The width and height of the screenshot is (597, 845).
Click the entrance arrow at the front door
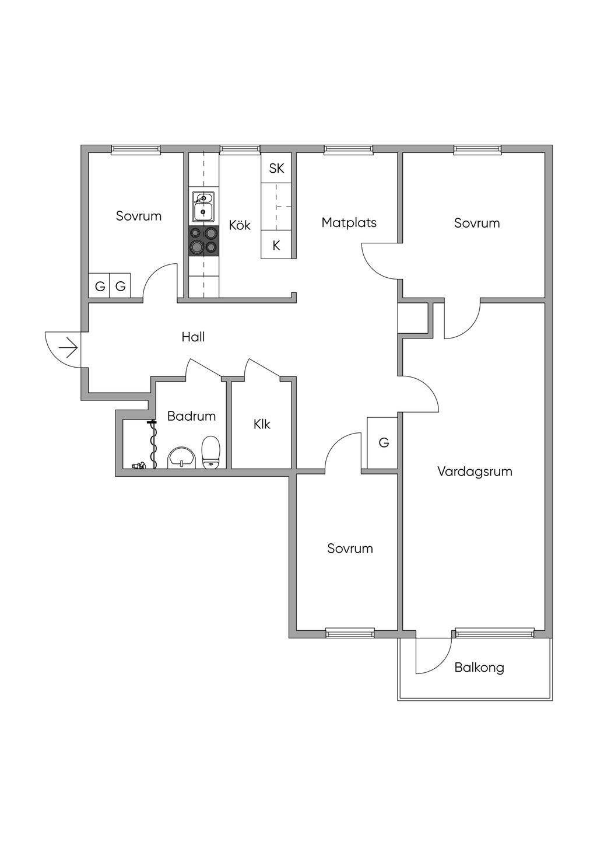click(x=69, y=348)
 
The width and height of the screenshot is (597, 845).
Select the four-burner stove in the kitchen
click(x=203, y=240)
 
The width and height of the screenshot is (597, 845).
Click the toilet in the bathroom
click(x=211, y=453)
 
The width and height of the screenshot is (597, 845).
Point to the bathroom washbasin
click(x=181, y=458)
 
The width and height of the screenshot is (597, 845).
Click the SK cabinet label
click(x=276, y=168)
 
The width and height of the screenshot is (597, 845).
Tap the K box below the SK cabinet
click(x=276, y=246)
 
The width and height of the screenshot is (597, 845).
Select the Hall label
click(x=193, y=337)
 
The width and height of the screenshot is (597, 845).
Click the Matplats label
click(x=349, y=222)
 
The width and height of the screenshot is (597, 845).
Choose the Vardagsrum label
click(x=475, y=472)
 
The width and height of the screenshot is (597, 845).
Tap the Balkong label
click(x=479, y=667)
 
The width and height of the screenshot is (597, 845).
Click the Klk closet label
click(x=262, y=424)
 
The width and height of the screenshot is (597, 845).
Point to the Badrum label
click(x=191, y=416)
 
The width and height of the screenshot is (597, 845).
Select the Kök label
click(x=240, y=225)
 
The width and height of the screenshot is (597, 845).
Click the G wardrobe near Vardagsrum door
click(x=383, y=442)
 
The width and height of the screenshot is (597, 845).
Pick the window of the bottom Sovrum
click(x=350, y=633)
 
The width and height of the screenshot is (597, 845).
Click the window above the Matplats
click(x=349, y=150)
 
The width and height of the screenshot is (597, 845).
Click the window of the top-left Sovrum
click(x=136, y=150)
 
